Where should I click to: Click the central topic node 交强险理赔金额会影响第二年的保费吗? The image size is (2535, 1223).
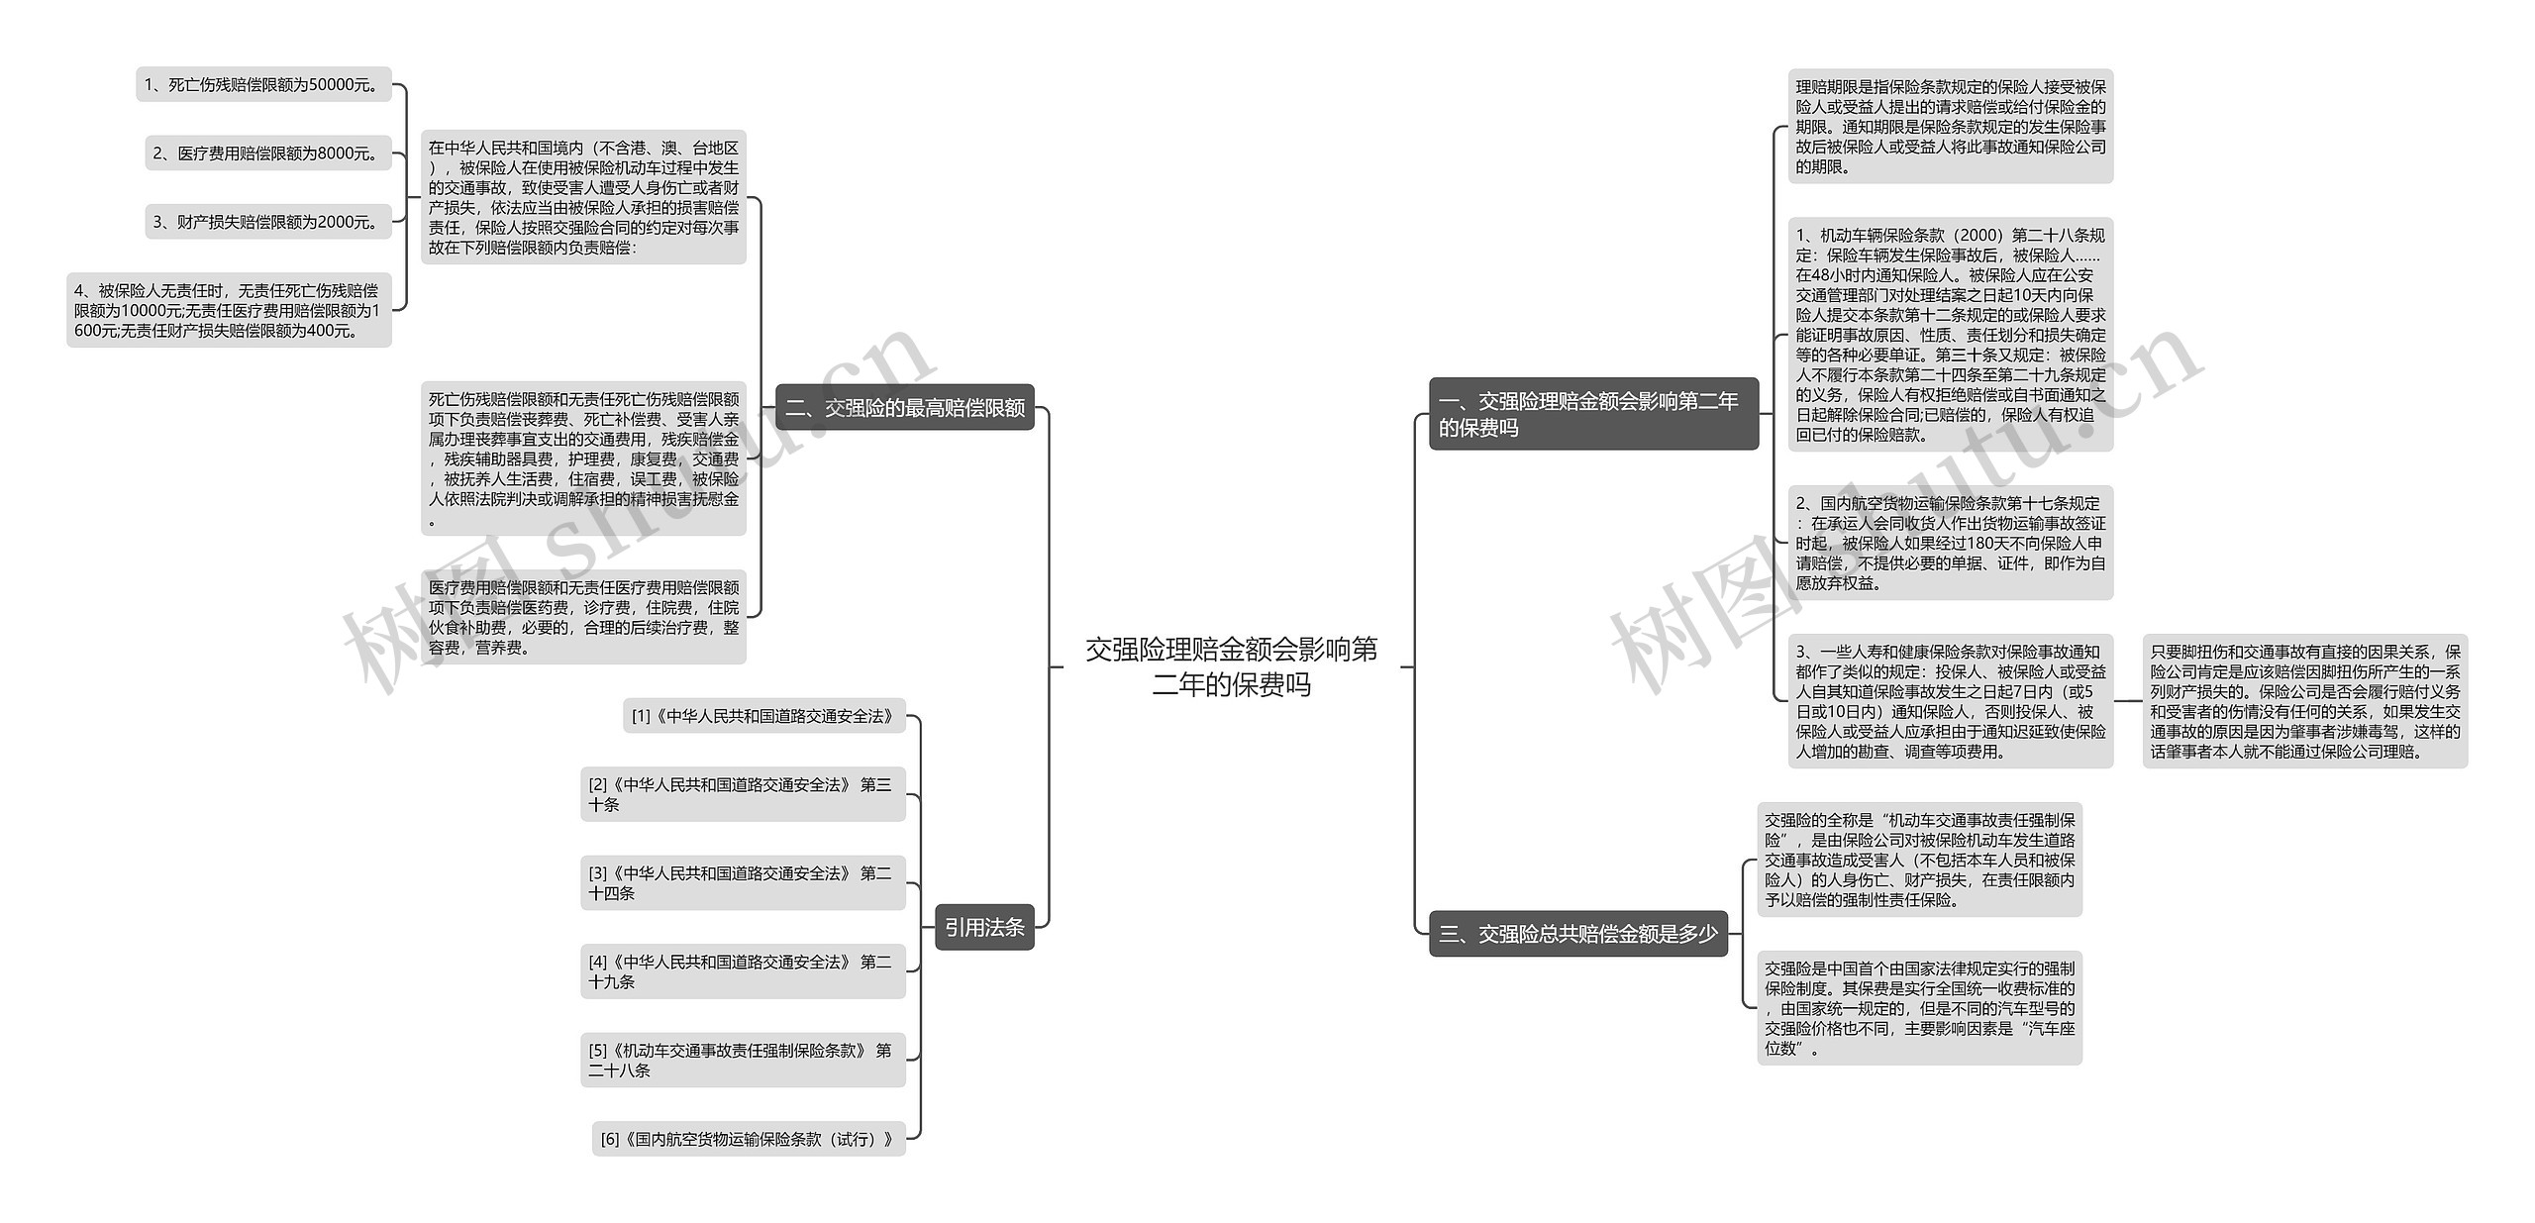coord(1231,666)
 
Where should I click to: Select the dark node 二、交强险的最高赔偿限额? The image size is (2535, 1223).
coord(904,407)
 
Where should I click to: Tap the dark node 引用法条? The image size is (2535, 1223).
coord(984,927)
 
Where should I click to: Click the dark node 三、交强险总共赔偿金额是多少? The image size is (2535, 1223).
coord(1577,933)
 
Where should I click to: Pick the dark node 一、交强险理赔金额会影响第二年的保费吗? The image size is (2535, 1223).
coord(1592,414)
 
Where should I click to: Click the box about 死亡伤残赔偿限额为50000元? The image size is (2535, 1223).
coord(263,84)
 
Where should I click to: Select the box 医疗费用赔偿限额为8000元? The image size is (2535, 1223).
coord(267,153)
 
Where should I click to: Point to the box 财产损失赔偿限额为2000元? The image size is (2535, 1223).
coord(267,222)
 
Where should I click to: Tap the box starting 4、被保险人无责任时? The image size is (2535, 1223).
coord(229,310)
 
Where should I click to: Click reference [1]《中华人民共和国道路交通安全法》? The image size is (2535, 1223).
coord(763,715)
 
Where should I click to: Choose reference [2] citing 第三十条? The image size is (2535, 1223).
coord(743,794)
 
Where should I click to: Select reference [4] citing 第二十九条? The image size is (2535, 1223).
coord(743,971)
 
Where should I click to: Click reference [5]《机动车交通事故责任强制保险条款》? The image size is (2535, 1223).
coord(743,1060)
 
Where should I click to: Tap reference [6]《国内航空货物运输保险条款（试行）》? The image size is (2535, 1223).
coord(749,1139)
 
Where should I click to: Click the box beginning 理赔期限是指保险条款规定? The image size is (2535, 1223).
coord(1950,126)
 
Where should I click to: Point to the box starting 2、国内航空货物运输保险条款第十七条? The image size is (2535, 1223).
coord(1950,543)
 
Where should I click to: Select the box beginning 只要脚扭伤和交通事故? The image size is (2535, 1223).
coord(2304,701)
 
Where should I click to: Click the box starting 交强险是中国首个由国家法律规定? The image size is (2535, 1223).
coord(1919,1008)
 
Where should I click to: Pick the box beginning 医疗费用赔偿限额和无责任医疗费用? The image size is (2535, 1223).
coord(583,617)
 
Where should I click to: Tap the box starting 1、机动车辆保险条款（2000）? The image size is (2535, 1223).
coord(1950,335)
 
